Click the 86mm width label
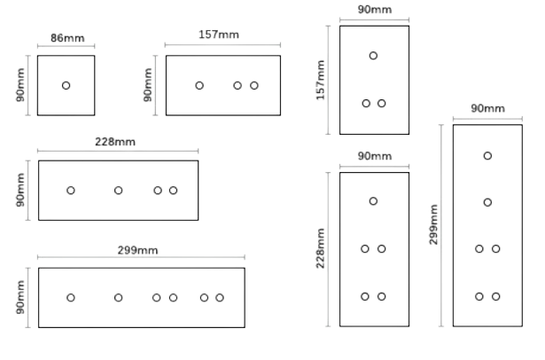point(67,38)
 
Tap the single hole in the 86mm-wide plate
point(66,85)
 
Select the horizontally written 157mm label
point(219,35)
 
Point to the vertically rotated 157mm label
point(320,80)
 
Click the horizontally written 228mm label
point(115,142)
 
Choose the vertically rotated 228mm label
point(320,248)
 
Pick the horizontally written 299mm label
point(137,250)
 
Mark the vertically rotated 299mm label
point(433,224)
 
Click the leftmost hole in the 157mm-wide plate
point(199,85)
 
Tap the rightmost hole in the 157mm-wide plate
point(254,85)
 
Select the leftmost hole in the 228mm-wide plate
point(71,191)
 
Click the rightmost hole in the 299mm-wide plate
point(220,298)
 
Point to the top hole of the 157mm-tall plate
point(373,56)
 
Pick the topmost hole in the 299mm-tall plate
point(487,156)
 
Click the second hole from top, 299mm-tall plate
point(487,202)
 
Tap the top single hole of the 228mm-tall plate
point(373,201)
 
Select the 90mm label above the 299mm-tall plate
point(488,108)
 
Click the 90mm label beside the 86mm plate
point(20,85)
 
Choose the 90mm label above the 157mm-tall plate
point(375,10)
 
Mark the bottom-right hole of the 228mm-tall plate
point(382,297)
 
